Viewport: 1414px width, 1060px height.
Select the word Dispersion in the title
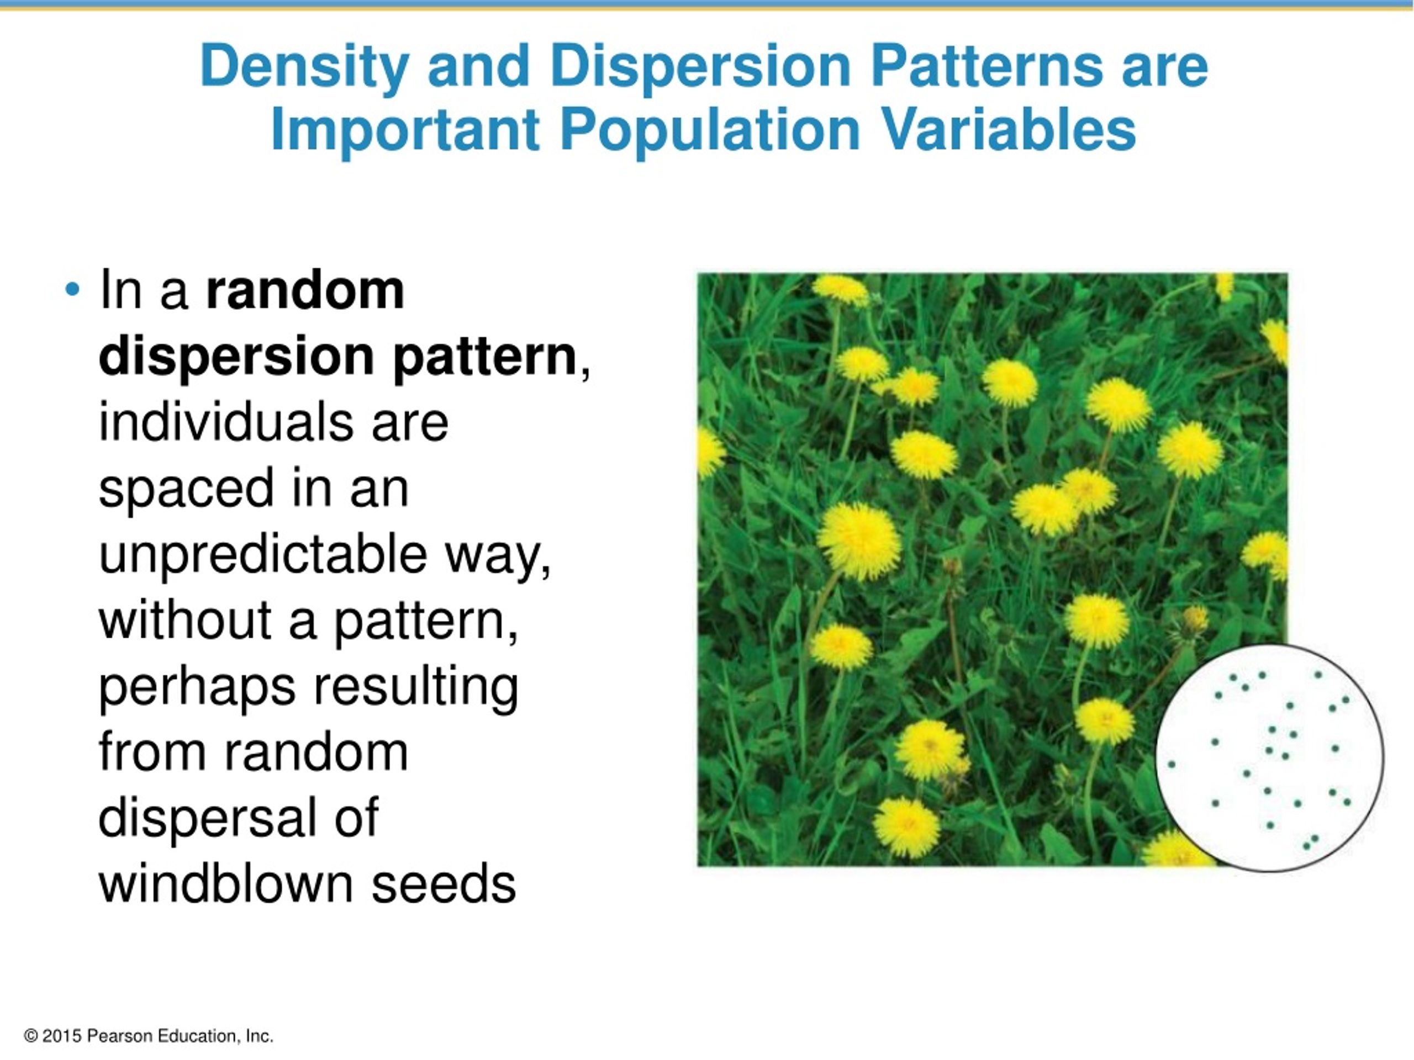point(700,66)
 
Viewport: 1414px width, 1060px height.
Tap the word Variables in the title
point(1008,130)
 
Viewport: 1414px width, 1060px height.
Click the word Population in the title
point(710,130)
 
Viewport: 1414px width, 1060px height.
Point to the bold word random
point(305,291)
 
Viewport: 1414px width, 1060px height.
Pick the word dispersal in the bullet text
point(204,818)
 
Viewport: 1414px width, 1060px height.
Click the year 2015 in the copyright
point(62,1036)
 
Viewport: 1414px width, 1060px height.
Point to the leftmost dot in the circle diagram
point(1172,764)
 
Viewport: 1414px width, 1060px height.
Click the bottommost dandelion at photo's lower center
point(906,826)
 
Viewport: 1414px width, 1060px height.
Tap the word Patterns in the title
point(986,66)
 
